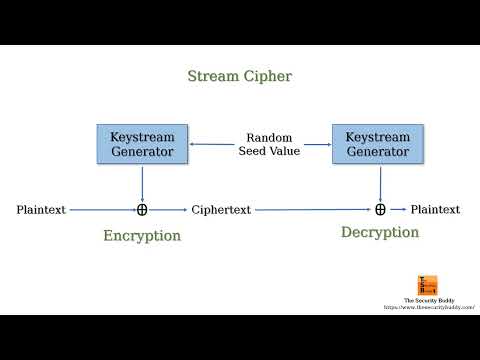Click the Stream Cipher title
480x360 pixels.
point(239,76)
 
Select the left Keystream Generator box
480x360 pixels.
point(142,144)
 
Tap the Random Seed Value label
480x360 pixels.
point(262,144)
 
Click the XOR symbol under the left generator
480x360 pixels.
point(142,210)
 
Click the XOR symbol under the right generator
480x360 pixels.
point(380,210)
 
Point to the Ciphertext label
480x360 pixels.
point(221,210)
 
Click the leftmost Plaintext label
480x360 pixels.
point(41,210)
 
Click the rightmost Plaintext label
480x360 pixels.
point(435,210)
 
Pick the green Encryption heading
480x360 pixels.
point(142,236)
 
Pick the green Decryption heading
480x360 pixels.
point(380,233)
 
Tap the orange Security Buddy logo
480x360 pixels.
point(426,285)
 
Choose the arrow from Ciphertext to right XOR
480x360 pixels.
point(312,210)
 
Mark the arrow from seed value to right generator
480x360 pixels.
point(316,144)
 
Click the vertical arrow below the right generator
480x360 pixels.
point(380,183)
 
